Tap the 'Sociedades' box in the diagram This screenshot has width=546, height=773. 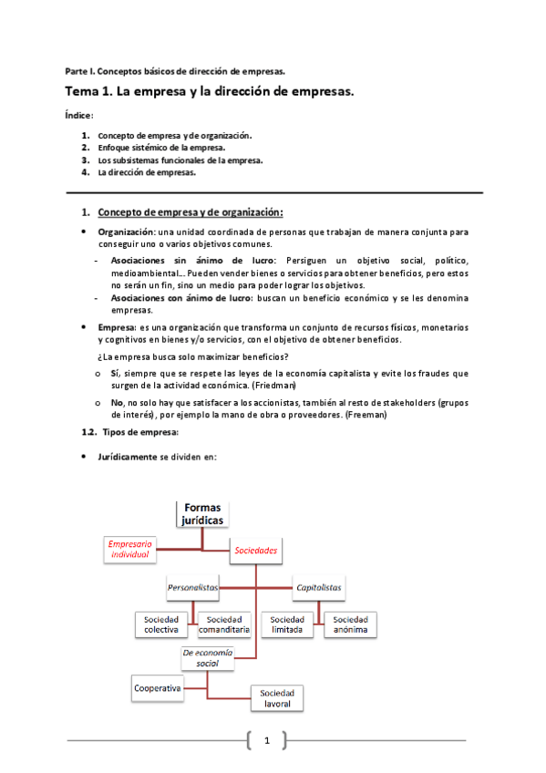point(255,551)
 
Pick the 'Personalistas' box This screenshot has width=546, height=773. point(193,588)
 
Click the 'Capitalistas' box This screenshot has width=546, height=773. point(319,588)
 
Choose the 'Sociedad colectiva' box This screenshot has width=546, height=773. point(162,624)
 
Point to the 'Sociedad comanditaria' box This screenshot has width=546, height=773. point(224,624)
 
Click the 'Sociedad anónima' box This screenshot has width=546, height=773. point(350,624)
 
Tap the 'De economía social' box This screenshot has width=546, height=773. point(207,658)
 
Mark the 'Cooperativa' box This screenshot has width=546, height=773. point(157,687)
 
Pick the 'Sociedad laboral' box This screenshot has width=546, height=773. point(276,698)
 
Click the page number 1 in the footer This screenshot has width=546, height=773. point(266,740)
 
